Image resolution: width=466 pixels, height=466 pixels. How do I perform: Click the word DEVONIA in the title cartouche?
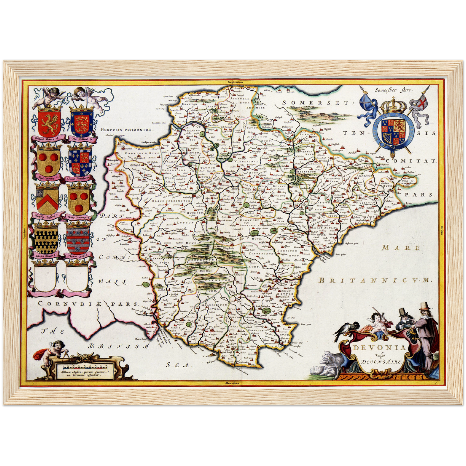379,348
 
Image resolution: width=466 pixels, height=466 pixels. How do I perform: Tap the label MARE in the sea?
401,248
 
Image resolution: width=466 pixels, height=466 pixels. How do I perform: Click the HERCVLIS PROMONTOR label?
126,130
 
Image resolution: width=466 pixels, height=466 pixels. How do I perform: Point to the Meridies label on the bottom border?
232,383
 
